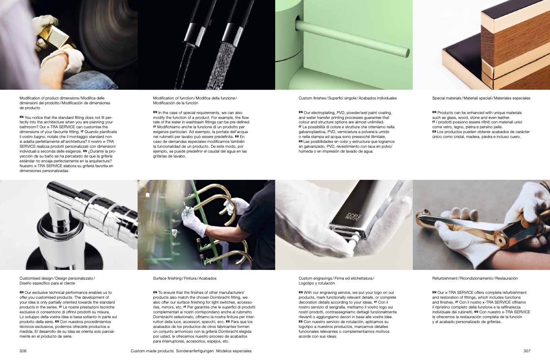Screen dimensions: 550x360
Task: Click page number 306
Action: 23,351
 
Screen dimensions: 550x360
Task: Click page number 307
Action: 527,351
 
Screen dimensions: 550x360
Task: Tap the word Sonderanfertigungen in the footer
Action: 195,351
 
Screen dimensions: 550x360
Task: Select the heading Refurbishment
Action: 444,278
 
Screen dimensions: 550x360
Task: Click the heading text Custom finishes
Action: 312,98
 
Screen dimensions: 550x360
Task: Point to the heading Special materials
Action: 446,98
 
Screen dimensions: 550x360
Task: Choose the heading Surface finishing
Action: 167,278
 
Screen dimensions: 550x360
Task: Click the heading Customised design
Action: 36,278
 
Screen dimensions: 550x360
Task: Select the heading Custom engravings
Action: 315,278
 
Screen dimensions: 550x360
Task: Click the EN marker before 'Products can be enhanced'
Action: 434,112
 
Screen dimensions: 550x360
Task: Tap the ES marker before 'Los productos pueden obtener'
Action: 434,131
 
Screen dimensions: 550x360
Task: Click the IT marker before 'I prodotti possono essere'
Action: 434,122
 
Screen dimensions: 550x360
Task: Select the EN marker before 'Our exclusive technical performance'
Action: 22,292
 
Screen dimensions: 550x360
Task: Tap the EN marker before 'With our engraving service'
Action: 300,292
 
